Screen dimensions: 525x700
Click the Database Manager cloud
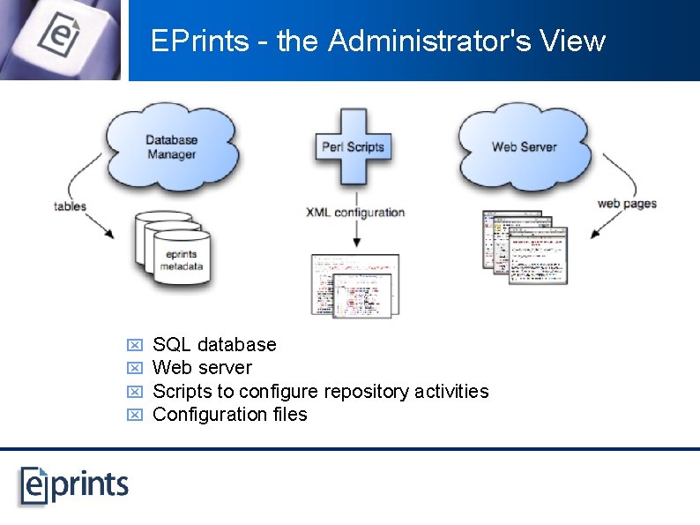pyautogui.click(x=171, y=145)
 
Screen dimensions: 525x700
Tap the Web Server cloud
pyautogui.click(x=524, y=145)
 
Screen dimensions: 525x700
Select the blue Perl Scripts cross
pyautogui.click(x=354, y=146)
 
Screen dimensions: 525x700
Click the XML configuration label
pyautogui.click(x=355, y=213)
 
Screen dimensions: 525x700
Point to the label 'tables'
pyautogui.click(x=70, y=206)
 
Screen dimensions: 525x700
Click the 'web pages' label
pyautogui.click(x=627, y=203)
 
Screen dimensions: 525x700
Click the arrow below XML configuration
pyautogui.click(x=354, y=234)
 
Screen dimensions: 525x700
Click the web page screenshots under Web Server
pyautogui.click(x=525, y=246)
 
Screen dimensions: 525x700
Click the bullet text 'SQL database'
pyautogui.click(x=214, y=345)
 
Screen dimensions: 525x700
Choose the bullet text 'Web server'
pyautogui.click(x=202, y=368)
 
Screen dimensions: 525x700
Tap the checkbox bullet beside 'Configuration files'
pyautogui.click(x=135, y=415)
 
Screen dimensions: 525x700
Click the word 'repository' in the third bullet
pyautogui.click(x=366, y=391)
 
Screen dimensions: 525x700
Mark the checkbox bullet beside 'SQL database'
pyautogui.click(x=135, y=345)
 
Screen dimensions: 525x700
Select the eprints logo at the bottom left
pyautogui.click(x=75, y=484)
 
